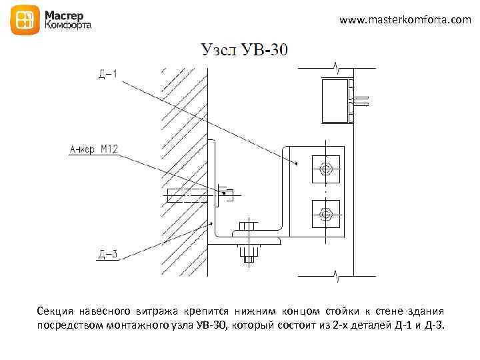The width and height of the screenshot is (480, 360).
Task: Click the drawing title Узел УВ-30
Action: [x=244, y=50]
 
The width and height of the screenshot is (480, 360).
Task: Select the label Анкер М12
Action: [x=93, y=151]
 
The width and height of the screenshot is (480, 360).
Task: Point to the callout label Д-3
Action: [x=107, y=254]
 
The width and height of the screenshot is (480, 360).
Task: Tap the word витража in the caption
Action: [x=159, y=311]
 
